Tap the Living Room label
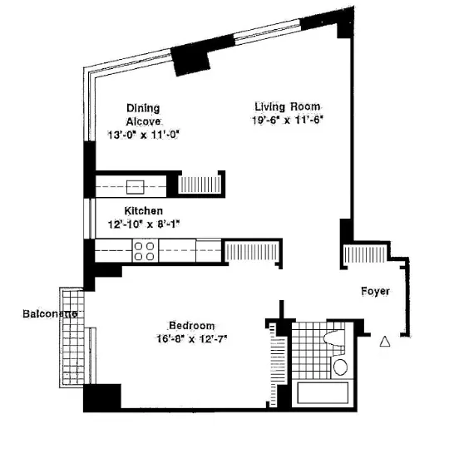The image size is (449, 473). coord(287,106)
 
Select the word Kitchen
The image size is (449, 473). coord(143,211)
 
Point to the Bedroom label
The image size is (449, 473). coord(192,325)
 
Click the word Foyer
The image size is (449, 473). coord(376,291)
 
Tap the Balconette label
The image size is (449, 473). coord(52,313)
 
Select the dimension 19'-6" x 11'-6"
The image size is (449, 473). coord(287,121)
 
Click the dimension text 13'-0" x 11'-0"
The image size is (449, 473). coord(143,134)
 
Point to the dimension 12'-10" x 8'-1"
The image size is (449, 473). coord(143,224)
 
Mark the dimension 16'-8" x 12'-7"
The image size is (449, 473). coord(192,338)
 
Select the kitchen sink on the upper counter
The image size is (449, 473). coord(134,186)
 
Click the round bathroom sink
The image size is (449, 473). coord(339,367)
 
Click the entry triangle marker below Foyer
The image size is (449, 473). coord(384,341)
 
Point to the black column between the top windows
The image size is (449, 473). coord(192,58)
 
